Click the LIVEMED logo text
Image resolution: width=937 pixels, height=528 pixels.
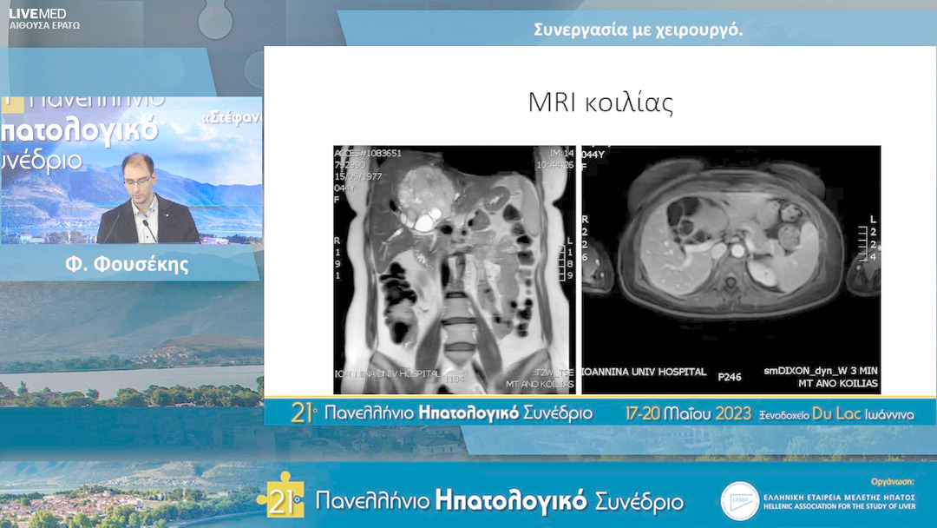(37, 13)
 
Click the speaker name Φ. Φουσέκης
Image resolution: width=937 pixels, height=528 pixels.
(127, 266)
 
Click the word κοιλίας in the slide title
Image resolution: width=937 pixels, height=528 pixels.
(633, 103)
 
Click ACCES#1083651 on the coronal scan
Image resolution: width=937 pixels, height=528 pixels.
(368, 154)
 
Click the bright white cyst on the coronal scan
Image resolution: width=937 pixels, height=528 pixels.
(425, 222)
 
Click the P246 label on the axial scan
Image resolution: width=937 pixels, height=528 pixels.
(729, 377)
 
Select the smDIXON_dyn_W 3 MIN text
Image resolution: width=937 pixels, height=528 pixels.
(821, 372)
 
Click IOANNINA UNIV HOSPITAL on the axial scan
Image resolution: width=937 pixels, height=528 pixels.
(644, 372)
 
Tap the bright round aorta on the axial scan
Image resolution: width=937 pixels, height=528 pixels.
(737, 250)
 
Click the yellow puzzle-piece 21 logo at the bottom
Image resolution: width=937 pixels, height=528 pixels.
(280, 495)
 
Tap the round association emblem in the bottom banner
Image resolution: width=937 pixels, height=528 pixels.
(739, 501)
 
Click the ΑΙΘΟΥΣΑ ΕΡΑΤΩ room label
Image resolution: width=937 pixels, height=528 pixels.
(44, 26)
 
